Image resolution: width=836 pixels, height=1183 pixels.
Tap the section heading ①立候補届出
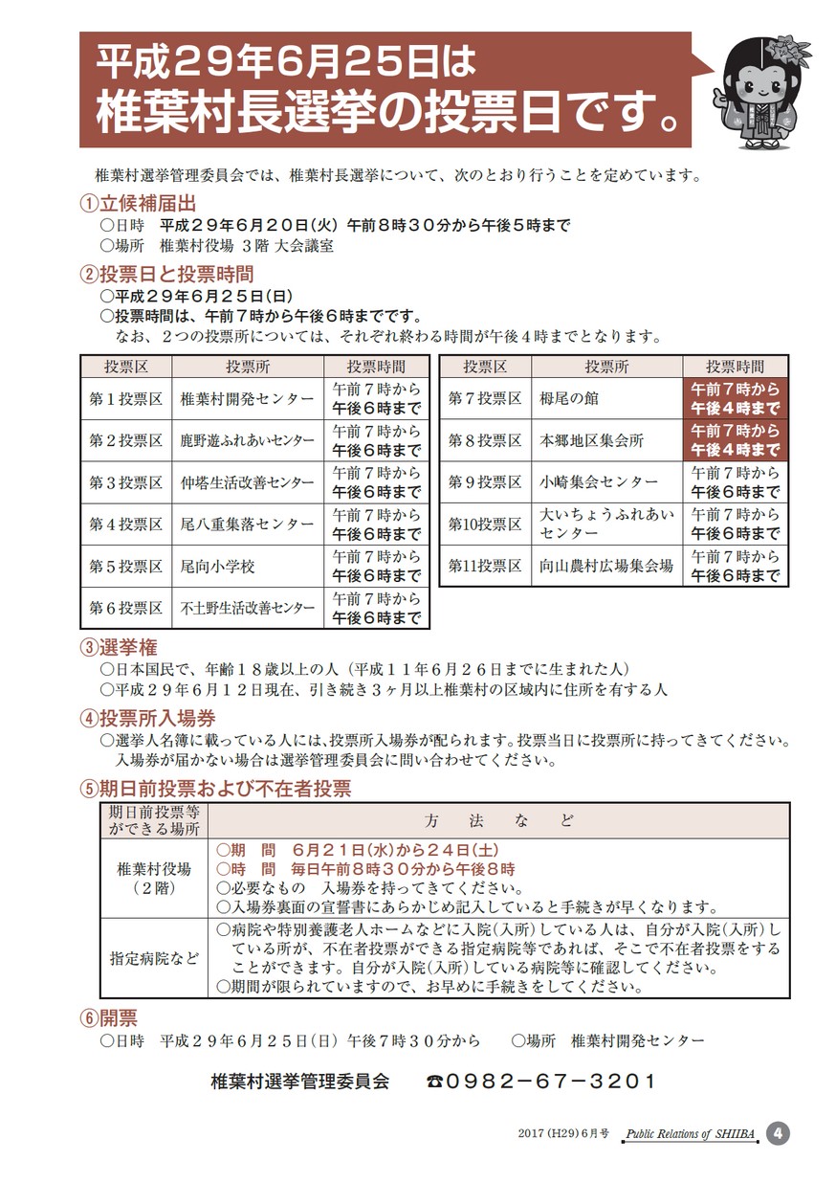pos(138,203)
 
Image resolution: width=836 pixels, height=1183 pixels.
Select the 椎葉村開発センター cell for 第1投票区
pos(247,398)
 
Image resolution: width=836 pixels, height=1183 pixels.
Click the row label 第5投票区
pos(126,567)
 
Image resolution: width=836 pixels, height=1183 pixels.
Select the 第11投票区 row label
pos(485,566)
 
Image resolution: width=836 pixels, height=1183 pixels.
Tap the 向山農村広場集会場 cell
pos(606,566)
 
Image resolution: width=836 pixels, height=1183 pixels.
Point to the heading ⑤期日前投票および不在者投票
pos(216,789)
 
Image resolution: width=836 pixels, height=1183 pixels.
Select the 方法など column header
pos(498,821)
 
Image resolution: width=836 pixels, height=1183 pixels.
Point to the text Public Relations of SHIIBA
pos(690,1134)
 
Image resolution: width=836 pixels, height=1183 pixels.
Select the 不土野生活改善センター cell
pos(247,608)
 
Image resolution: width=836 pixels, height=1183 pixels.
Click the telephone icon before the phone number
pos(435,1083)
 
